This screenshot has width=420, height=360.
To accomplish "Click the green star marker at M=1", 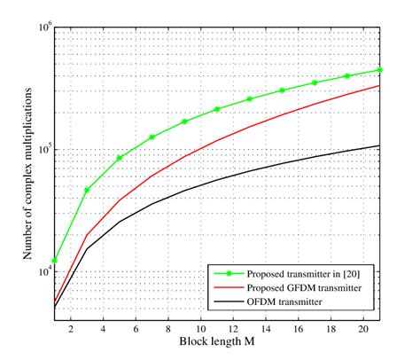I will tap(54, 261).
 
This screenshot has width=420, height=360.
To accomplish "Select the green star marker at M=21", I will tap(380, 69).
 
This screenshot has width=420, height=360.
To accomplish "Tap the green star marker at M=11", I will tap(217, 109).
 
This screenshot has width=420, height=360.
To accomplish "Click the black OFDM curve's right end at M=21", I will tap(380, 145).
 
